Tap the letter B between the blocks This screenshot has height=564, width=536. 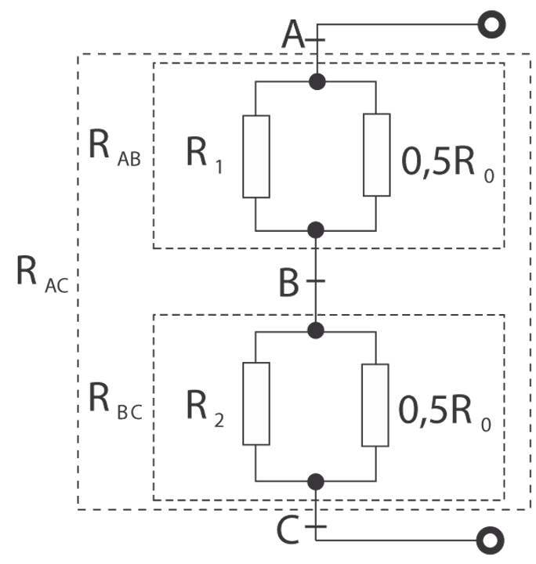point(290,283)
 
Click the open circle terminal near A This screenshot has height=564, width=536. point(491,25)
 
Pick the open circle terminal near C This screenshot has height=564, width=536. point(491,540)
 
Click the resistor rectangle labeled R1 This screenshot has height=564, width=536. point(256,156)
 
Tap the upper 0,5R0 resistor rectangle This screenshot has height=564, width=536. point(377,154)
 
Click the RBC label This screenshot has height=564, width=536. point(114,401)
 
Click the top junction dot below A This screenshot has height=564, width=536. point(317,81)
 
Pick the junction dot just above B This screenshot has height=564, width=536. point(317,230)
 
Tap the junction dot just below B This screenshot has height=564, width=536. point(317,331)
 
